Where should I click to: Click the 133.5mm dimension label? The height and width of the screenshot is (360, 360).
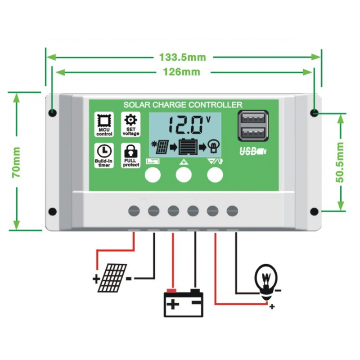pos(182,58)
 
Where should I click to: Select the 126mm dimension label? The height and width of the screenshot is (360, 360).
pos(182,72)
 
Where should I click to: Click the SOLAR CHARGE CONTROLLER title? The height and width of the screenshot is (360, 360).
pos(183,105)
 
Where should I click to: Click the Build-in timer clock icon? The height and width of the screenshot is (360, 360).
pos(104,150)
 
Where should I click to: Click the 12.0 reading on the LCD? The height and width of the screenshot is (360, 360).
pos(183,125)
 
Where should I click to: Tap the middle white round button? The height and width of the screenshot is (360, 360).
pos(184,174)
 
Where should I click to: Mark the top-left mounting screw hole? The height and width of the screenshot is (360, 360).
pos(53,112)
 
